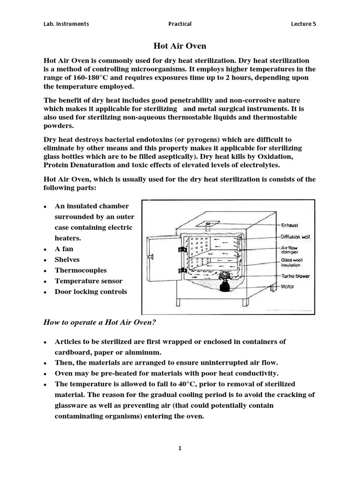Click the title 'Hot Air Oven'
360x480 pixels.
tap(180, 46)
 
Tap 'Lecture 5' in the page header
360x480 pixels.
tap(303, 24)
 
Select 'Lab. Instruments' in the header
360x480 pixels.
tap(66, 24)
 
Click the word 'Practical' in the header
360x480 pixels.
tap(180, 24)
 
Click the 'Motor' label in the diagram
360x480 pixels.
tap(288, 286)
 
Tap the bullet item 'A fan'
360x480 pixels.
tap(64, 249)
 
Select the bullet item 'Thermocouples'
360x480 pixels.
tap(81, 270)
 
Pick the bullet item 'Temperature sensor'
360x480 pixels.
tap(89, 281)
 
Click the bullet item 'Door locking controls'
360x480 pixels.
tap(91, 292)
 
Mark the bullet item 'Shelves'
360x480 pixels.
tap(67, 260)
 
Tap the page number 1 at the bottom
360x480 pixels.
tap(180, 448)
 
